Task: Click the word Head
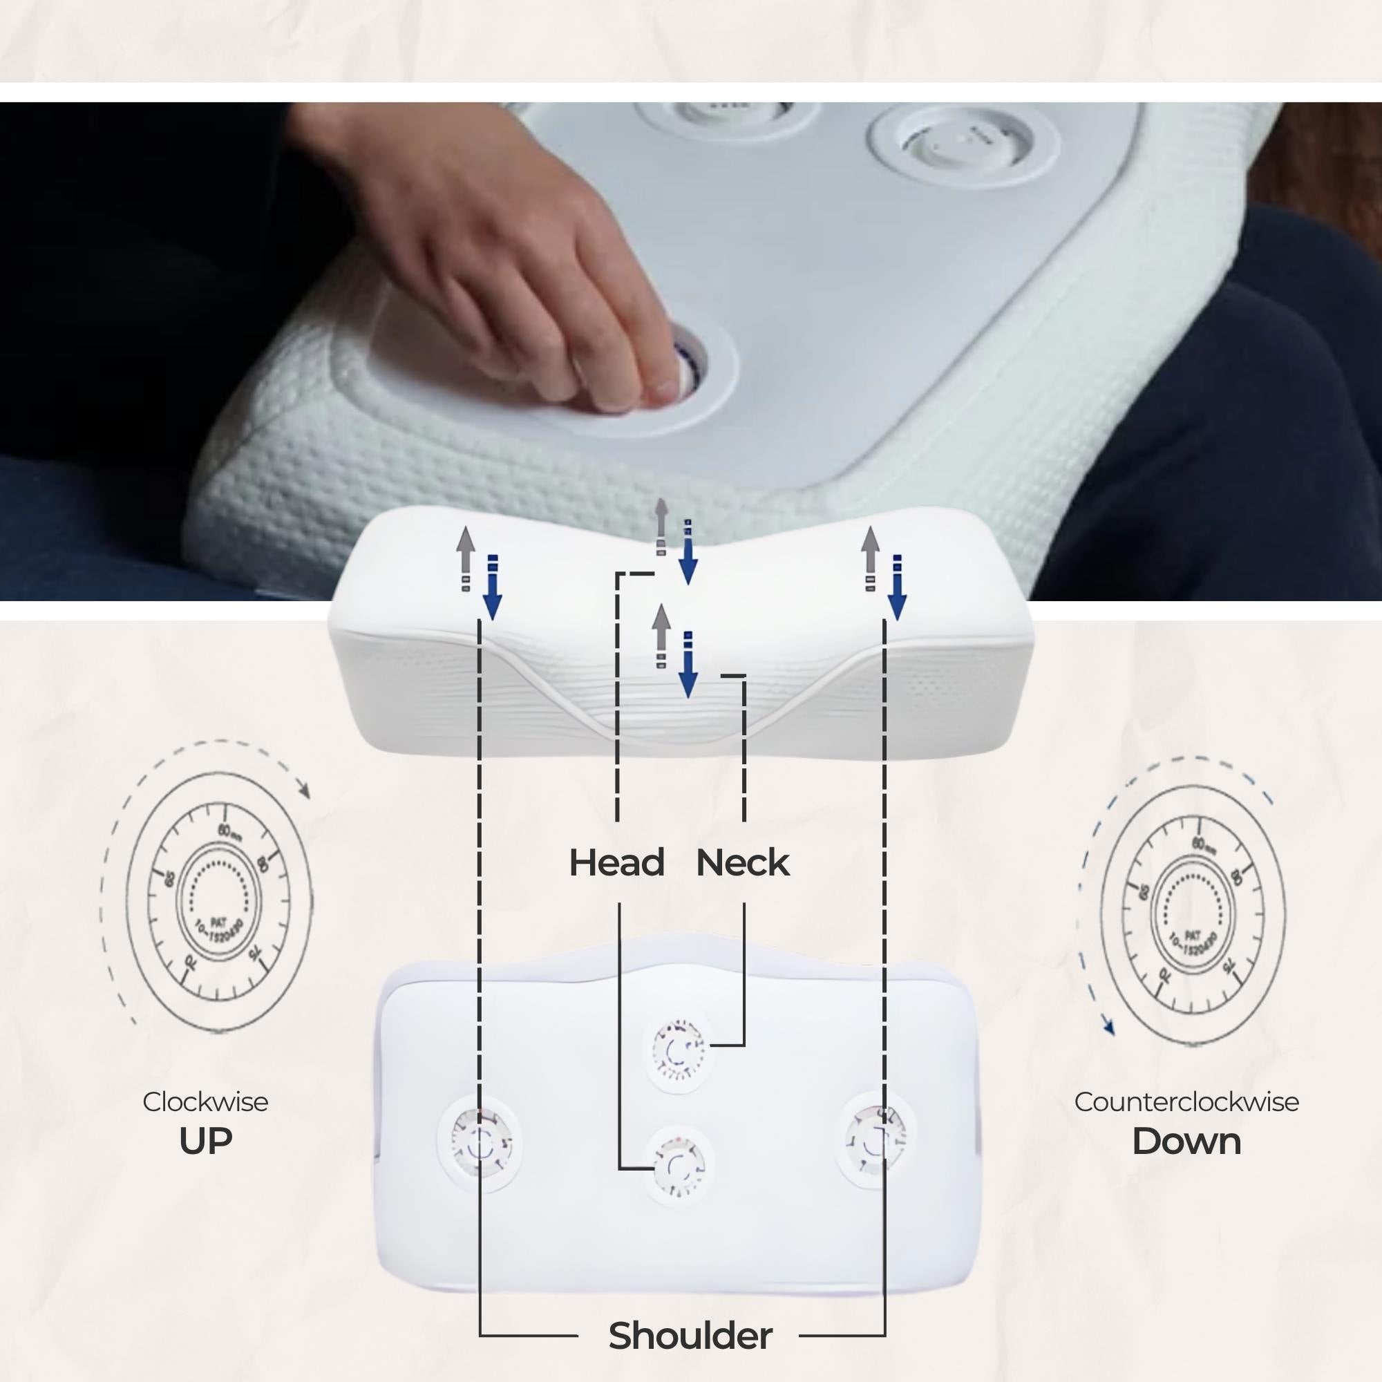(x=616, y=862)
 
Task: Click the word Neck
(x=743, y=862)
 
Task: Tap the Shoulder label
(x=690, y=1336)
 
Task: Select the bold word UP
(x=205, y=1141)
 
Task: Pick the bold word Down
(x=1186, y=1141)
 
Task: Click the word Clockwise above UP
(x=205, y=1101)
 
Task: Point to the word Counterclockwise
(x=1186, y=1101)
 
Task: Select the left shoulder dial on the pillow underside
(x=480, y=1143)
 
